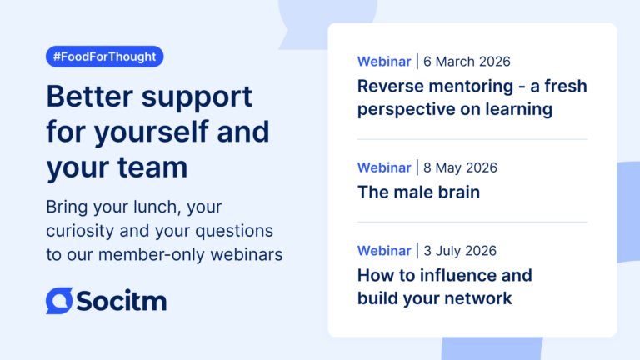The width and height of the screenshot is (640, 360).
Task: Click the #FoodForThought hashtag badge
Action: [104, 57]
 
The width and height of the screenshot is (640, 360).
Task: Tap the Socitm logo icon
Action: [59, 301]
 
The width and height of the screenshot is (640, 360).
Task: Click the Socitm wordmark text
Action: [121, 301]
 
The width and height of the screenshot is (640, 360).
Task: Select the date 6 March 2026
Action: [467, 62]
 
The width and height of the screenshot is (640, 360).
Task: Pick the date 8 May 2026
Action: [460, 167]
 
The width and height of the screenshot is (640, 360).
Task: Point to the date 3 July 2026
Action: [460, 251]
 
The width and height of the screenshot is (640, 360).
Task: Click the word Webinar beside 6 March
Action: [384, 62]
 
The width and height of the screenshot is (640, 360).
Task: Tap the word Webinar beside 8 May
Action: [384, 167]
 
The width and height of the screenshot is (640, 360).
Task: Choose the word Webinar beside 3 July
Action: [384, 251]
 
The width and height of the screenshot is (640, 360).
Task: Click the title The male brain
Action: [419, 192]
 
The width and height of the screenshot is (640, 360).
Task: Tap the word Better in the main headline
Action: [90, 97]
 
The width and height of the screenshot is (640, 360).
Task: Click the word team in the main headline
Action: [152, 167]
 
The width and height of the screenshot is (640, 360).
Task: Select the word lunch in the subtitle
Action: [156, 207]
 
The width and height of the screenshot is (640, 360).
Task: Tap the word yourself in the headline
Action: [152, 132]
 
